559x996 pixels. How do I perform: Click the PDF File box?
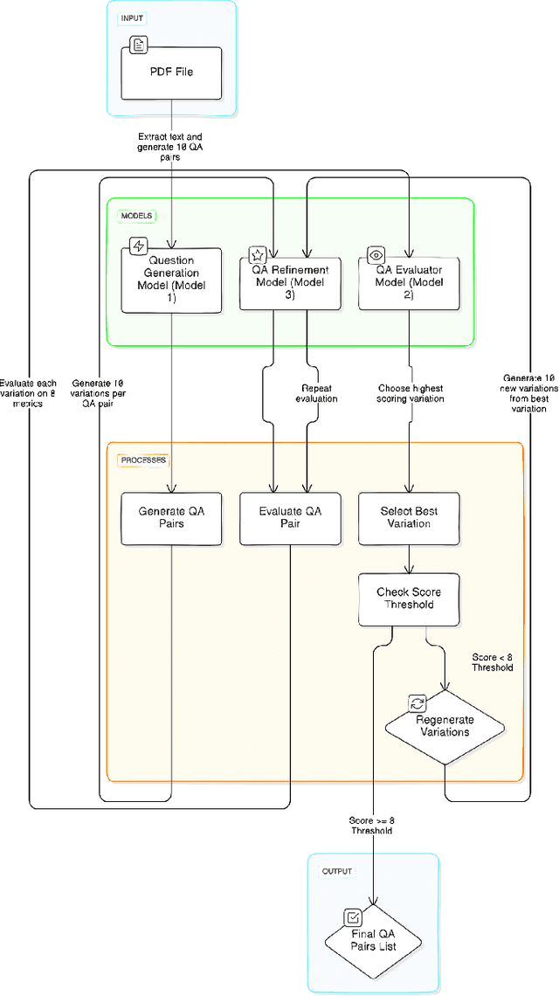coord(172,72)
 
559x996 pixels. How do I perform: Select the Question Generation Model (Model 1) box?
coord(172,279)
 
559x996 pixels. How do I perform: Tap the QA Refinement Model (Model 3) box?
coord(291,282)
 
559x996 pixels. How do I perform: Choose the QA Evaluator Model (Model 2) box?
coord(409,282)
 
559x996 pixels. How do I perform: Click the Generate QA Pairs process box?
coord(172,518)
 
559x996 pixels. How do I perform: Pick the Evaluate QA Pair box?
coord(291,518)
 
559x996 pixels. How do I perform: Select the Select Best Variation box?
coord(409,518)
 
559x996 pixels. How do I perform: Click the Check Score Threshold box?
coord(409,598)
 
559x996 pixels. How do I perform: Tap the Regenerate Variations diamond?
coord(445,725)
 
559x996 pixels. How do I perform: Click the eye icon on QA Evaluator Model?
coord(376,255)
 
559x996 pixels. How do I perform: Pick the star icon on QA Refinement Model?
coord(257,255)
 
